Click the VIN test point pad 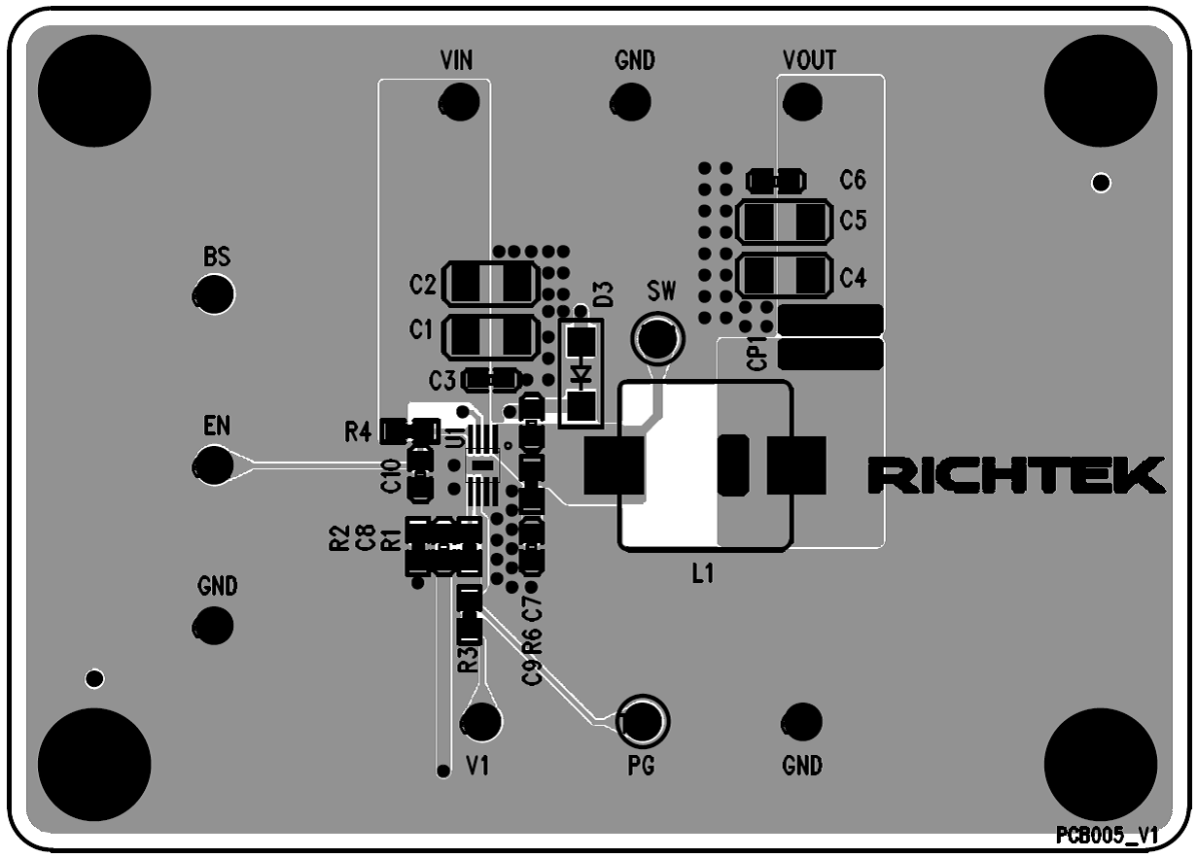(x=459, y=100)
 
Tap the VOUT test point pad (x=802, y=100)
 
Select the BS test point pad (x=214, y=294)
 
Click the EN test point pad (x=214, y=464)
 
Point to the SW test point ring (x=658, y=337)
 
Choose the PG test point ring (x=643, y=720)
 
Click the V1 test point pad (x=480, y=721)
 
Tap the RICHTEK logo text (x=1015, y=474)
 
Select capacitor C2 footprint (x=490, y=284)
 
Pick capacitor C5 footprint (x=784, y=222)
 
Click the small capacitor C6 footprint (x=776, y=180)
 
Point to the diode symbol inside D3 (x=581, y=373)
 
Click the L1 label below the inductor (x=702, y=574)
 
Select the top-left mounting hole (x=95, y=90)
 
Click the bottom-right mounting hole (x=1101, y=765)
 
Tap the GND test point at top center (x=631, y=100)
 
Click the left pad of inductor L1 (x=614, y=465)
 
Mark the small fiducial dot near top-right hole (x=1101, y=183)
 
